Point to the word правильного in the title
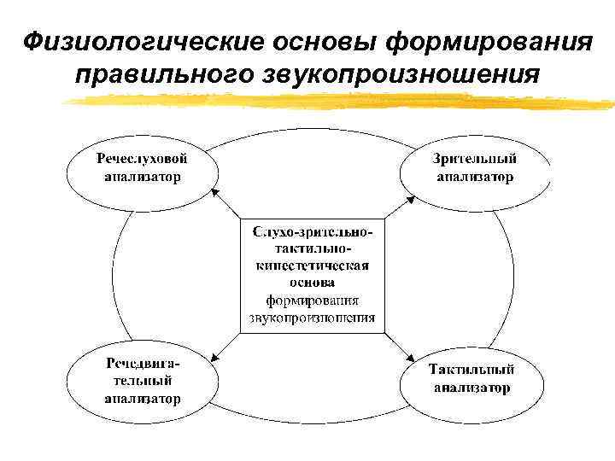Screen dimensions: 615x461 (162, 75)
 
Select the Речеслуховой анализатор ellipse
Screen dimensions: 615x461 (142, 167)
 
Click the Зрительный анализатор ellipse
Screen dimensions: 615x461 (474, 167)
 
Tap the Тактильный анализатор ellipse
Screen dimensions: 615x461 (471, 379)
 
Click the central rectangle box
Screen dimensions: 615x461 (312, 276)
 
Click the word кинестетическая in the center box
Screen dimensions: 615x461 (312, 265)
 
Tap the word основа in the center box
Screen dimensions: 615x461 (312, 281)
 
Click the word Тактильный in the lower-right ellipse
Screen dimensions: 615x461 (471, 371)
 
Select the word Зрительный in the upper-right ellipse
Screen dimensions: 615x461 (474, 160)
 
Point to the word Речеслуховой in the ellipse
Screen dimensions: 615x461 (142, 159)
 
